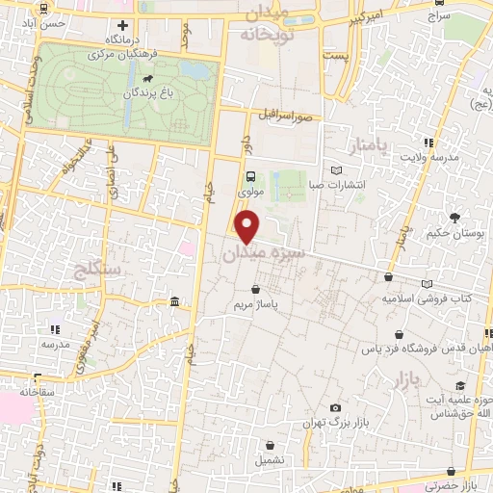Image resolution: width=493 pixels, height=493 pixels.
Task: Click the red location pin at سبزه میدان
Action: [x=248, y=227]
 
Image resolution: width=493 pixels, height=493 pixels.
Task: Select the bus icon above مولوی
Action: [x=250, y=176]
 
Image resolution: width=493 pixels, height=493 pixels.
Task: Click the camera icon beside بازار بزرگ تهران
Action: [x=334, y=408]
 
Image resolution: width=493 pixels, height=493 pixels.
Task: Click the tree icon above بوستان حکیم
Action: [x=453, y=218]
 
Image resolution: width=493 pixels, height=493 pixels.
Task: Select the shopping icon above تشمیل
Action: [x=272, y=446]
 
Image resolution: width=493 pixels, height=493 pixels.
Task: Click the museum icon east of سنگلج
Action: [x=173, y=304]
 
